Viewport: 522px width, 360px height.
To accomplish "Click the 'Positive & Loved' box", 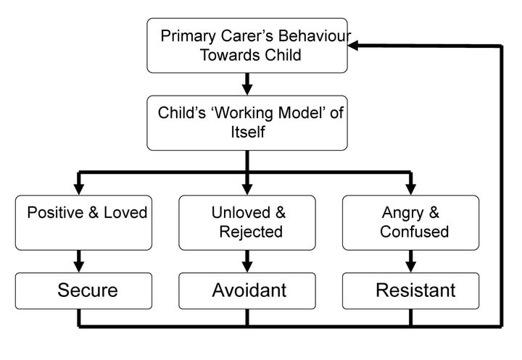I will tap(84, 222).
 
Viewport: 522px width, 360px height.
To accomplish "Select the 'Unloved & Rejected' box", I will tap(247, 222).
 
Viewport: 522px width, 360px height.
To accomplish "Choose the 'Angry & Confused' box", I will tap(410, 222).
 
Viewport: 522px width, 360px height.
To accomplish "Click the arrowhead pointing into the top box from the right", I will tap(353, 46).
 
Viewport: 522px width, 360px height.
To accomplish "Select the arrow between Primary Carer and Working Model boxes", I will tap(247, 84).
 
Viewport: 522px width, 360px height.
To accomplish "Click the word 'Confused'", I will tap(415, 232).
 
